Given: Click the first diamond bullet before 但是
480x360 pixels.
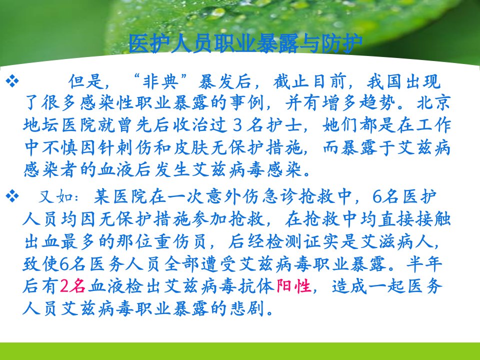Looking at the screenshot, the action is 12,81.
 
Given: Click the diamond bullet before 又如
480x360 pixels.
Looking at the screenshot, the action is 12,196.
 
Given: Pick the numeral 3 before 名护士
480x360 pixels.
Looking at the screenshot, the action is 237,125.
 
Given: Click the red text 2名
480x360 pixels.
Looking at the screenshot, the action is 72,286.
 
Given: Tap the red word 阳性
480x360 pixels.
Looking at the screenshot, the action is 293,286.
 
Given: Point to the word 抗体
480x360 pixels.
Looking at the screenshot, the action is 256,286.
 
